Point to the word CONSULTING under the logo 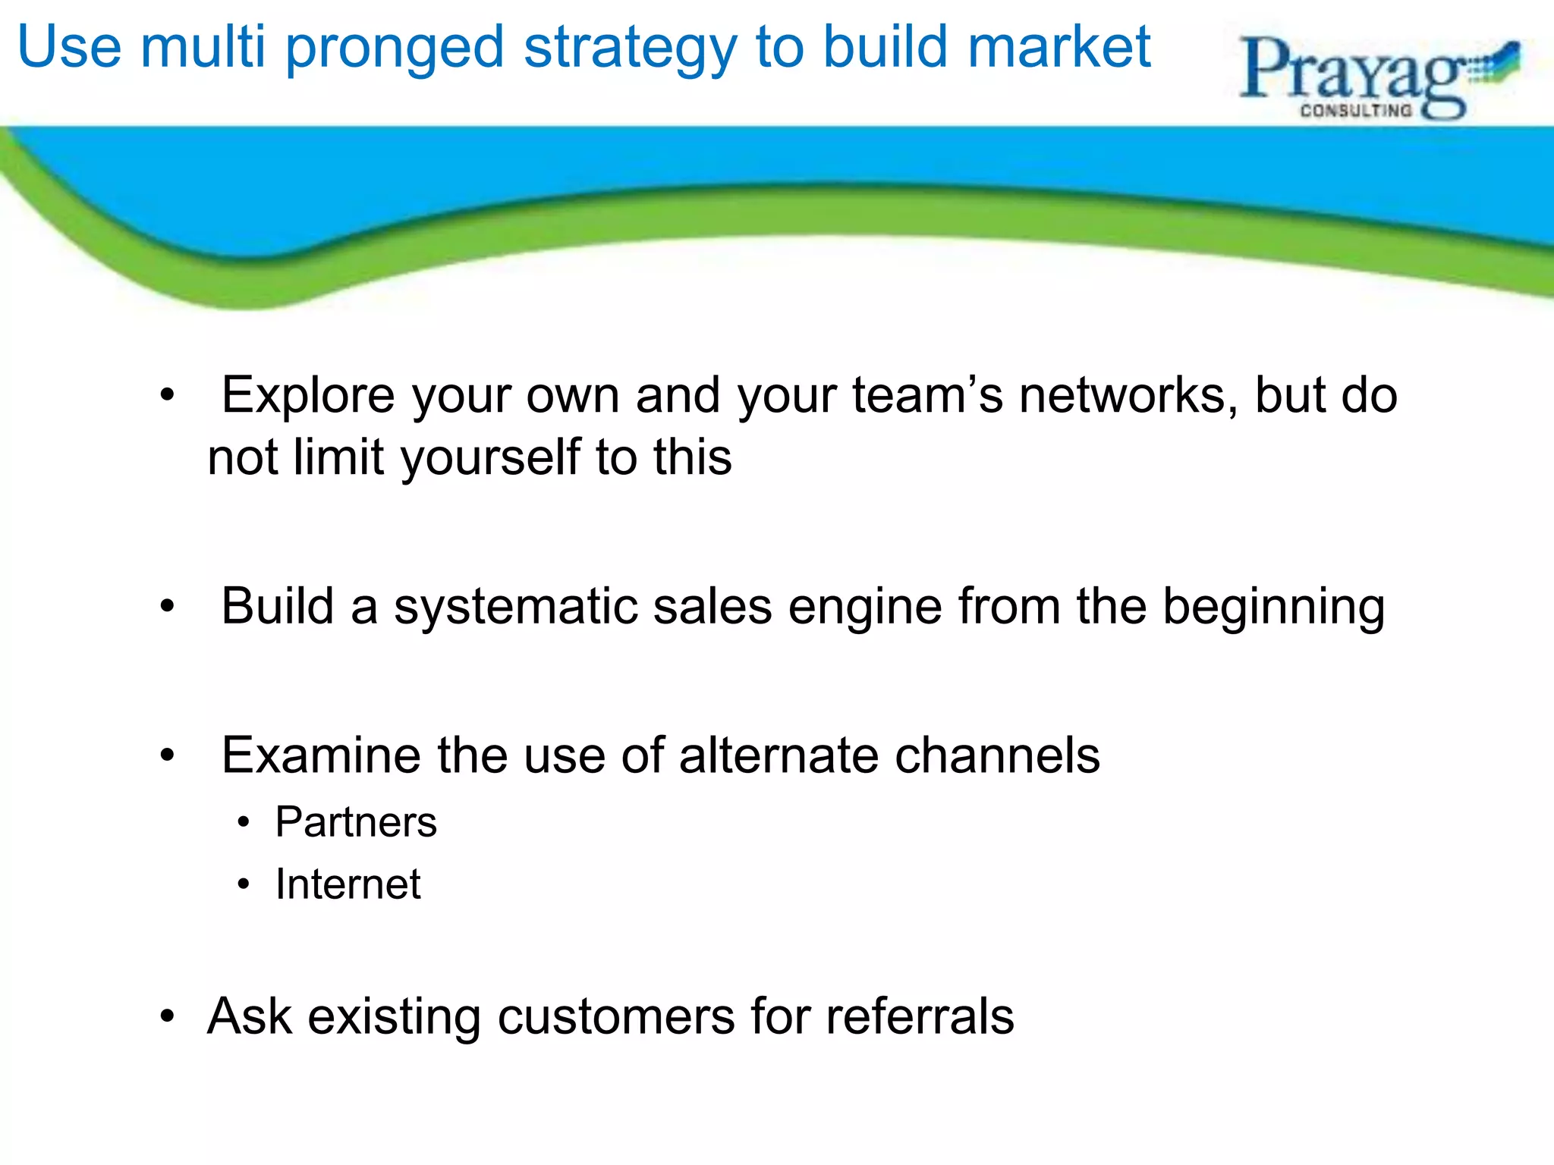coord(1356,111)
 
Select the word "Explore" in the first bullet coord(308,395)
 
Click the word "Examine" coord(321,755)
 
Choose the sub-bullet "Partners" coord(356,822)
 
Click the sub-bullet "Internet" coord(348,884)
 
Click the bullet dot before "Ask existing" coord(168,1016)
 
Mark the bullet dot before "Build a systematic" coord(168,607)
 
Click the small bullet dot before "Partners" coord(243,822)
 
